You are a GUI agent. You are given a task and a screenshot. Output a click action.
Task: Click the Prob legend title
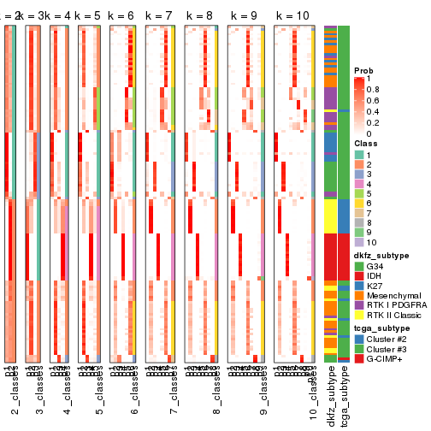364,70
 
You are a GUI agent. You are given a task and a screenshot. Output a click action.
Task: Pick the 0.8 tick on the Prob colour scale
375,89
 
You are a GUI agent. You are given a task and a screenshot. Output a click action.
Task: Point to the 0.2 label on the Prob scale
375,122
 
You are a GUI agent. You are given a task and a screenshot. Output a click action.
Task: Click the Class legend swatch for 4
359,184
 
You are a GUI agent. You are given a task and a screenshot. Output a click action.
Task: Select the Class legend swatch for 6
359,204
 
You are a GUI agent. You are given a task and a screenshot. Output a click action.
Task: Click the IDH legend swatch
359,276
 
